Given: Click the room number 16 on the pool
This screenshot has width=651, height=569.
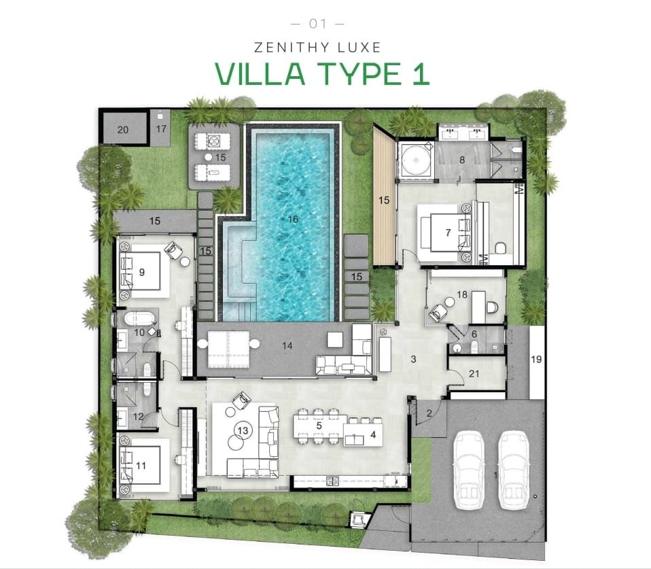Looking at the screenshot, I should [x=294, y=220].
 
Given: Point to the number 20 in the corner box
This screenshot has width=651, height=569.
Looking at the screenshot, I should [x=122, y=130].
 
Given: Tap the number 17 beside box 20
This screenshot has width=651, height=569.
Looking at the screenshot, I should [x=162, y=128].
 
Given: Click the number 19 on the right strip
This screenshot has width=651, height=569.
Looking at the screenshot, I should [x=535, y=359].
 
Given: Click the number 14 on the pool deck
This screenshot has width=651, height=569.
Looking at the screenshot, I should [x=287, y=345].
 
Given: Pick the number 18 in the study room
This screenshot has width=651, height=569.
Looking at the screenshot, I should [x=462, y=295].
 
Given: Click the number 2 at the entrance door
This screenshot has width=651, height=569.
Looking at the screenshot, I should [x=429, y=413].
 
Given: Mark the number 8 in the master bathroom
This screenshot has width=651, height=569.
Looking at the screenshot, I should [x=461, y=160].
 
